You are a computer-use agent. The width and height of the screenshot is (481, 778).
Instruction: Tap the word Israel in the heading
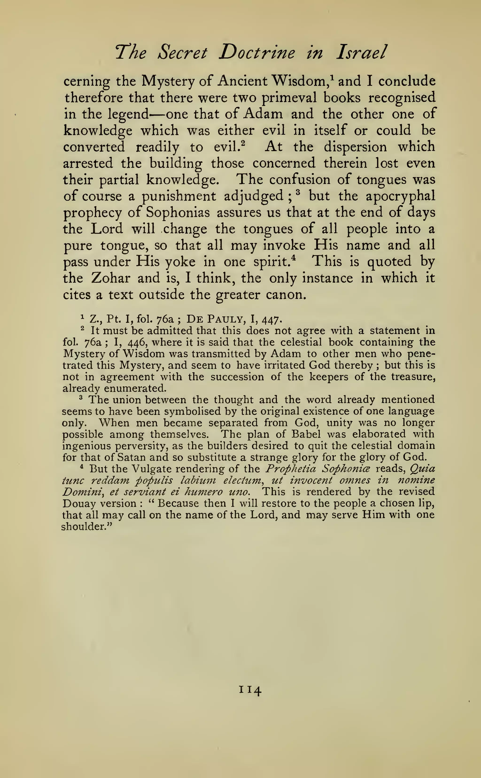click(x=361, y=52)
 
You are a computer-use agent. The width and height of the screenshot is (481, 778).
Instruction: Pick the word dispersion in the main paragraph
click(x=355, y=147)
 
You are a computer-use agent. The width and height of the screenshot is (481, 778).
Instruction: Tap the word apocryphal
click(x=400, y=196)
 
